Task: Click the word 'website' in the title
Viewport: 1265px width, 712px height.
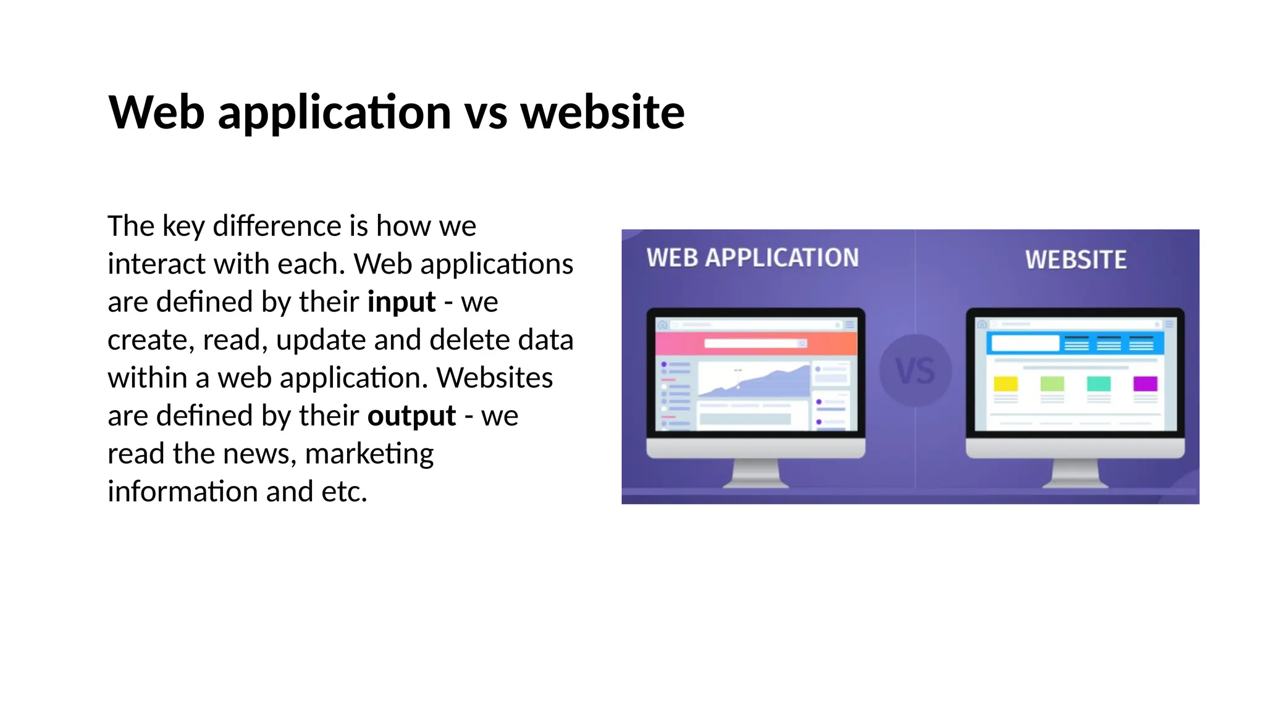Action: pos(602,112)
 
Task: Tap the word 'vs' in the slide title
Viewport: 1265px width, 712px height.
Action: pos(485,112)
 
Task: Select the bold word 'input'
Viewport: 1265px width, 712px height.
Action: pos(401,302)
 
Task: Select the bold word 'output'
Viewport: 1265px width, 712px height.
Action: pos(411,416)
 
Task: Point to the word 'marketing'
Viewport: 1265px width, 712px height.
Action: pos(369,454)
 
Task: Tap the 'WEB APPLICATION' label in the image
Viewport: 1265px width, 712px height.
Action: pos(752,258)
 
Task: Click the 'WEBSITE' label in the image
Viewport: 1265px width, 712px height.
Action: pos(1075,260)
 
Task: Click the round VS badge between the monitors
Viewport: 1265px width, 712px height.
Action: pos(915,371)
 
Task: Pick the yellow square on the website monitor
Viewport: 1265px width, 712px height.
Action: pos(1005,383)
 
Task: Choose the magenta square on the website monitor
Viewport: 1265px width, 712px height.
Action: pos(1145,383)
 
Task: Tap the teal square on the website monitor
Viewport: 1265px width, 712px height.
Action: pos(1098,383)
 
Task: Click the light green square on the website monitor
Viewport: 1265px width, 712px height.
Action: pos(1052,383)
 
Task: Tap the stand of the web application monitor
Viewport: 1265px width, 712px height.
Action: pos(755,474)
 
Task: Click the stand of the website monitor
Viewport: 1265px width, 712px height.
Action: pos(1075,474)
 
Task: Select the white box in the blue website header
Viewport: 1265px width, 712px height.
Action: pos(1025,343)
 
